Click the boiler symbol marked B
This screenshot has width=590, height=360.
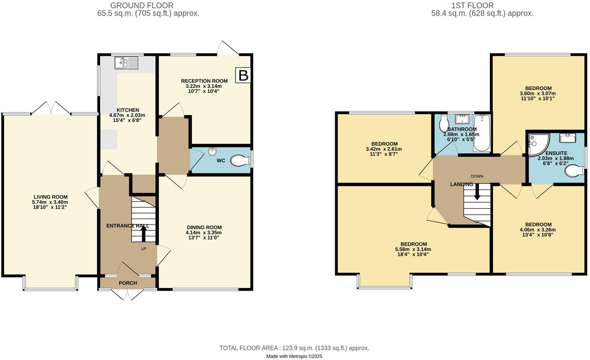(243, 75)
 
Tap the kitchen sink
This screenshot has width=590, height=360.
(126, 62)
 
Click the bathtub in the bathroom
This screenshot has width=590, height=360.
(482, 133)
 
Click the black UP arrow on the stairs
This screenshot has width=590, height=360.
(144, 233)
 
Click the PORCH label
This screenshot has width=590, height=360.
(128, 283)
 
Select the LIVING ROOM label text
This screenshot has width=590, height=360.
(51, 197)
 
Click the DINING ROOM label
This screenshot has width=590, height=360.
(204, 227)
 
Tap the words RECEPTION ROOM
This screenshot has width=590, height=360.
(204, 81)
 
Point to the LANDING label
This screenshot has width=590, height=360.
(461, 184)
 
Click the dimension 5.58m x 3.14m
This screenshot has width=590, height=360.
(413, 249)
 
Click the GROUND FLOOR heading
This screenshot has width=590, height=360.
(142, 5)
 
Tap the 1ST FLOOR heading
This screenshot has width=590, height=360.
(472, 5)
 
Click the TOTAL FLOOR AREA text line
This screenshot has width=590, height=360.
(294, 348)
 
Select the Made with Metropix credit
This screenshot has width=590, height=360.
(294, 356)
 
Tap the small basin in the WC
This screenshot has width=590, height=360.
(213, 152)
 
